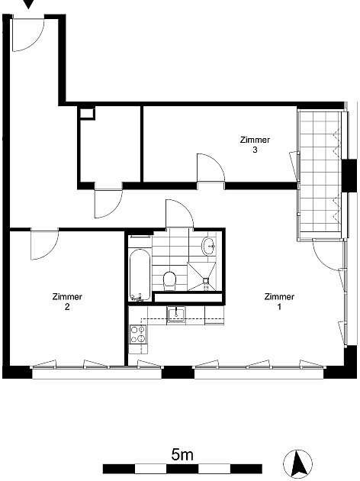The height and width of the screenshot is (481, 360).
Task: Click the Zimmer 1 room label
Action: coord(279,302)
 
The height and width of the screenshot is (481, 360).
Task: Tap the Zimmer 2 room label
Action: coord(67,302)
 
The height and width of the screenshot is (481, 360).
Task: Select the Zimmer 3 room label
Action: coord(255,145)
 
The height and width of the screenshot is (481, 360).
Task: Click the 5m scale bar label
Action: coord(182,454)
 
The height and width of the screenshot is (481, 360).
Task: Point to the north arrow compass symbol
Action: coord(297,463)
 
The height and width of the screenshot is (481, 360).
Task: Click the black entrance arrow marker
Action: coord(28,4)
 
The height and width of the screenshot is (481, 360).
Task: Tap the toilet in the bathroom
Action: coord(169,280)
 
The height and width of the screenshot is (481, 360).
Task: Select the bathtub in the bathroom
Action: coord(140,275)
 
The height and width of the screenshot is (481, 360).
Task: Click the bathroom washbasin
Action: coord(209,246)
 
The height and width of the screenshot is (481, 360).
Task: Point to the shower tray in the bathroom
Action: coord(201,276)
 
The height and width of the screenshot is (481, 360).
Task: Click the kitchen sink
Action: coord(176,315)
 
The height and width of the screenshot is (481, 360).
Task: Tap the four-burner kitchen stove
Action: coord(137,334)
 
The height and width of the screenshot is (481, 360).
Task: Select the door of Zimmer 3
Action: coord(211,168)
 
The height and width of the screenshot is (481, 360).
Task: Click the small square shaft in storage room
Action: coord(87,114)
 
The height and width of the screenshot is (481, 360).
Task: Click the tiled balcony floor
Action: coord(320,173)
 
